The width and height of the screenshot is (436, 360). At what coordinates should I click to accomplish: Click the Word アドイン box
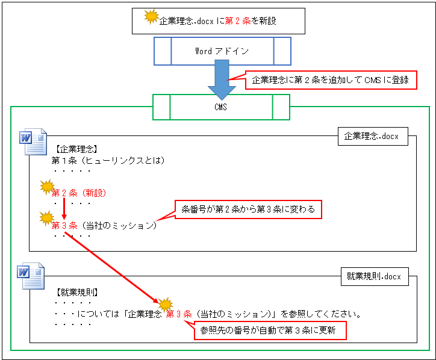tap(222, 51)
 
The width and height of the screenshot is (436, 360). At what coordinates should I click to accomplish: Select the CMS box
tap(221, 107)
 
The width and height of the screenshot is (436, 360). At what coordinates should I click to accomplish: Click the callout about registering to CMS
tap(331, 80)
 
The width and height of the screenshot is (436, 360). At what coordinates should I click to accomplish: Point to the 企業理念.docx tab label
tap(371, 137)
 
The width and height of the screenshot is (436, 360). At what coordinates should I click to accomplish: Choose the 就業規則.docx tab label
tap(373, 277)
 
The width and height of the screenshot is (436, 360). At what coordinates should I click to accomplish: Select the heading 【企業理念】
tap(75, 149)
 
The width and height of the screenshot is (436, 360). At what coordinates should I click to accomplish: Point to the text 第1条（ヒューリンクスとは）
tap(108, 161)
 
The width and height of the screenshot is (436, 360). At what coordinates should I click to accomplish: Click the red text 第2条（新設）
tap(79, 193)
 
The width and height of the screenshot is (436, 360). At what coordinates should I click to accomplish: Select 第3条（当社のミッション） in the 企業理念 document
tap(104, 225)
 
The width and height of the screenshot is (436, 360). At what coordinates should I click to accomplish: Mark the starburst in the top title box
tap(151, 17)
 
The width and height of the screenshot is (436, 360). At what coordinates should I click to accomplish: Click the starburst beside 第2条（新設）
tap(47, 188)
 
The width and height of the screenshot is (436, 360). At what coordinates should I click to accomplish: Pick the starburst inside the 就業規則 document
tap(164, 303)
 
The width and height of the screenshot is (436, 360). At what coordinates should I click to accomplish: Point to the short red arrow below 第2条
tap(63, 208)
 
